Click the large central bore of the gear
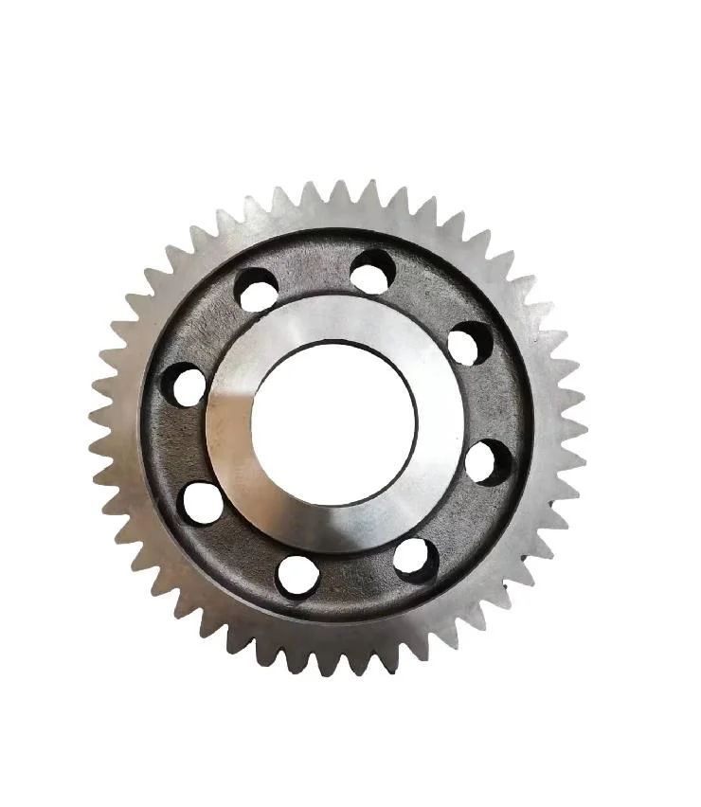click(333, 423)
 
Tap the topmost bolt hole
click(372, 272)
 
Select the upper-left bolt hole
click(258, 290)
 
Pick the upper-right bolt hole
click(467, 343)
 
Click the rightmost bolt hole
click(488, 462)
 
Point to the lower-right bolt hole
click(415, 559)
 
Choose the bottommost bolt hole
click(297, 575)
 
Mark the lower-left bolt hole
click(203, 502)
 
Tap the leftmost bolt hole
click(184, 385)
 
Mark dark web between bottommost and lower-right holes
click(358, 582)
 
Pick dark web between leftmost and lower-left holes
click(180, 443)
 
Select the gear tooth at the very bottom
click(327, 662)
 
